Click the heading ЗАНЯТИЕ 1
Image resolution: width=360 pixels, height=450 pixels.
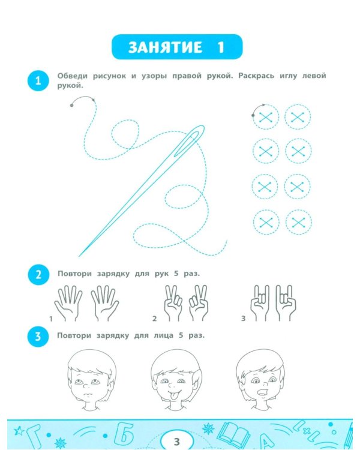coord(177,47)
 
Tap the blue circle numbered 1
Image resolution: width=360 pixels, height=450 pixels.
coord(38,80)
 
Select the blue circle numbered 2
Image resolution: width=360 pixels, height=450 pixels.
coord(38,275)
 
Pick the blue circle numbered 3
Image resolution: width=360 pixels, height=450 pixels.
coord(38,336)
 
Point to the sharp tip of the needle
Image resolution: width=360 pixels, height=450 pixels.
coord(79,256)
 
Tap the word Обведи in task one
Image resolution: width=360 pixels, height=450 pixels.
coord(72,76)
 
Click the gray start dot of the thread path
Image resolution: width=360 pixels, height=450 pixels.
coord(71,106)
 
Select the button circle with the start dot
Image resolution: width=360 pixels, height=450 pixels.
coord(266,117)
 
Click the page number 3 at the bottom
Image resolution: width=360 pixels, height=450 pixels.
coord(177,442)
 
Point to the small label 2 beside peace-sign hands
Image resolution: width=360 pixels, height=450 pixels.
coord(154,319)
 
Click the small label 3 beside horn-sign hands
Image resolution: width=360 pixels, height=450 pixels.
coord(243,319)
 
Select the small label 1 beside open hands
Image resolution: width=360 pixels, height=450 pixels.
coord(51,319)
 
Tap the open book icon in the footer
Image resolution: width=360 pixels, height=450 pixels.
coord(233,435)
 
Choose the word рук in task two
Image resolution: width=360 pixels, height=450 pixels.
coord(161,274)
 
